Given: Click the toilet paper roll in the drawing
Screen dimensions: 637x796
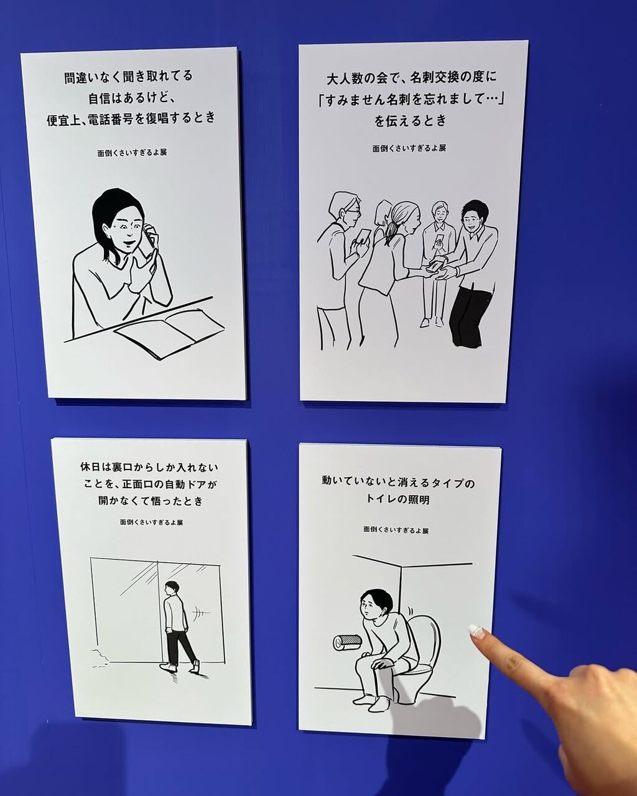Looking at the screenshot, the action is (346, 642).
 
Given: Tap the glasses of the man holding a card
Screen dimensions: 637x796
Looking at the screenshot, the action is (353, 212).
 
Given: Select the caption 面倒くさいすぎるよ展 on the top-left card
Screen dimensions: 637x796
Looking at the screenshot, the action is (132, 152).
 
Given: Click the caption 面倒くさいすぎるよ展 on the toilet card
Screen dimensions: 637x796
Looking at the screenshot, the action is (396, 530).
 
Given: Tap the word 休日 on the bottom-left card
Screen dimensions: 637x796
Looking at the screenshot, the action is (90, 467).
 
